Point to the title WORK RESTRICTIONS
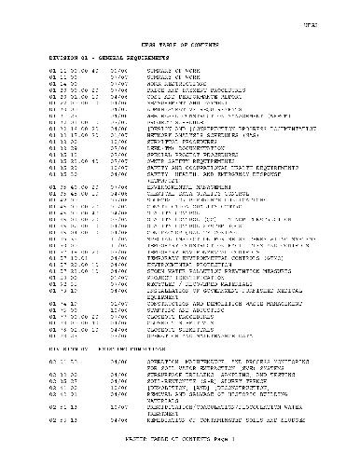coord(176,82)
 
